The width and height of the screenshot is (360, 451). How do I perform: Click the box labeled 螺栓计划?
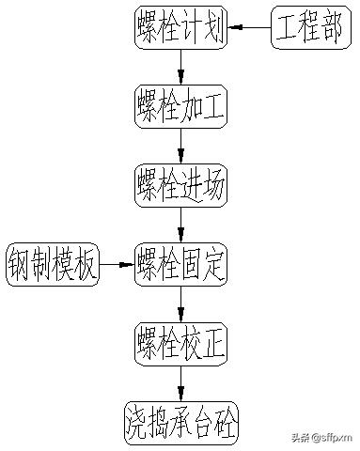point(179,28)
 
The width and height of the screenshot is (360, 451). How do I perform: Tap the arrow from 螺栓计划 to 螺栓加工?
point(180,68)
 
